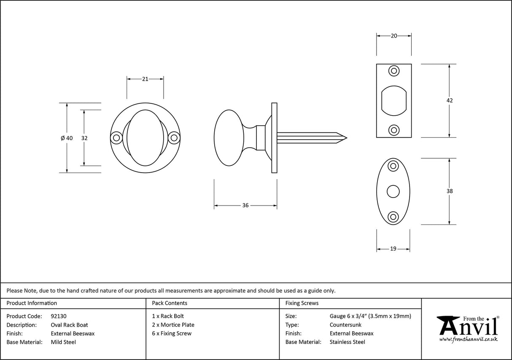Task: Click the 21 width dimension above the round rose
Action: point(145,79)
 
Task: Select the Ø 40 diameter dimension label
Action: point(67,138)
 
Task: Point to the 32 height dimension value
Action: point(84,138)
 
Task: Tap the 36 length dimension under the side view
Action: point(245,206)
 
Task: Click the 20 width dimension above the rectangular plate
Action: point(394,36)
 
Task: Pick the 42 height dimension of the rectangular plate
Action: point(450,100)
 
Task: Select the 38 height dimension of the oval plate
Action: point(450,191)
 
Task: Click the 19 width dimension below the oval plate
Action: point(393,249)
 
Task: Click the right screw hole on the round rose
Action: point(174,138)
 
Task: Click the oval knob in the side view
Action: point(229,138)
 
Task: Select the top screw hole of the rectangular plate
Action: point(394,71)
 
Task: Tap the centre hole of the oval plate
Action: point(393,191)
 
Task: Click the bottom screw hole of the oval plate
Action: point(393,217)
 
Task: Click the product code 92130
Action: point(58,316)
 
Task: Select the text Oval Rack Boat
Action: point(69,325)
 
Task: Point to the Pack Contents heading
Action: point(170,303)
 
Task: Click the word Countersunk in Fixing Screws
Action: point(345,325)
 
